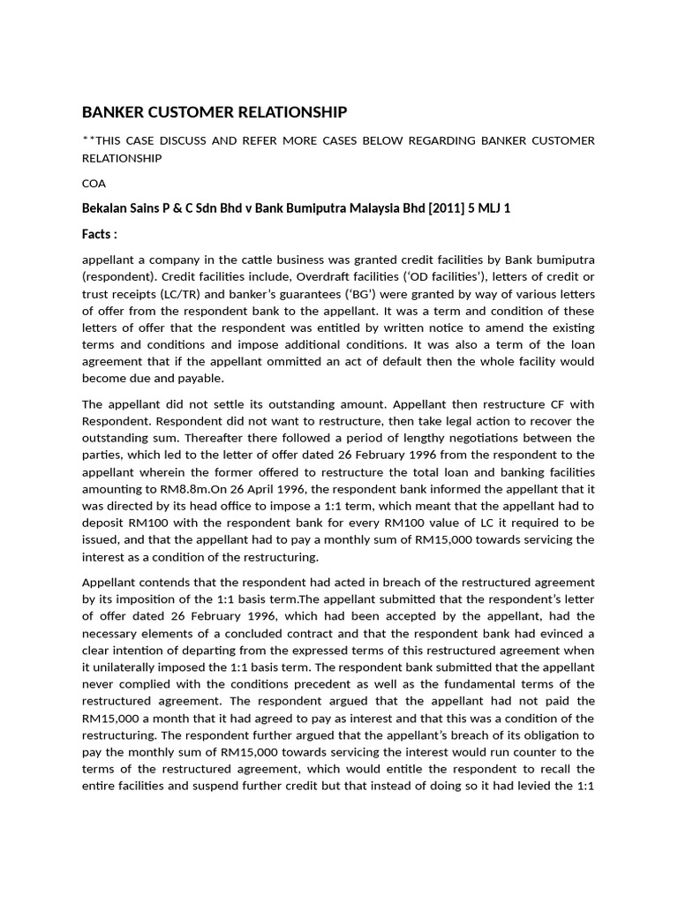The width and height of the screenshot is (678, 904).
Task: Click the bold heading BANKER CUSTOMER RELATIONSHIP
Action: point(215,112)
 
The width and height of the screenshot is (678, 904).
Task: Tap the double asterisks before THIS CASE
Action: point(87,141)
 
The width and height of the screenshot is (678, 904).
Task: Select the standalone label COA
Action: point(94,183)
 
